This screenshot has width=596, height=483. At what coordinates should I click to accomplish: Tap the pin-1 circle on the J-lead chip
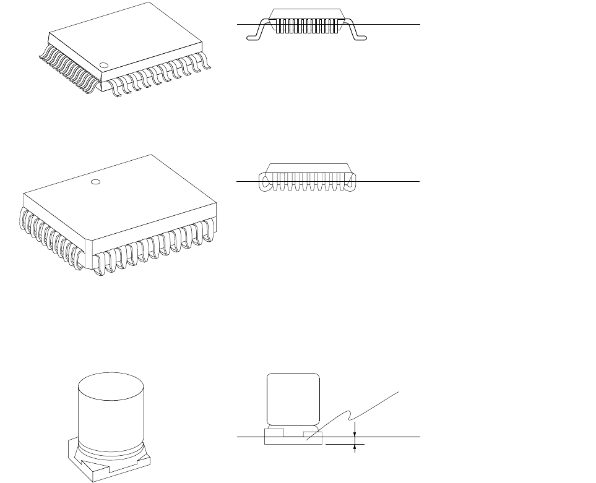pos(95,182)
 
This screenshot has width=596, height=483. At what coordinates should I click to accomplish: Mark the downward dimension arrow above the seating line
pos(354,428)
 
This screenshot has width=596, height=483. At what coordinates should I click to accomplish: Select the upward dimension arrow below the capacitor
pos(354,446)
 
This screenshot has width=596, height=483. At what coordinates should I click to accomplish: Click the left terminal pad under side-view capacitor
pos(274,431)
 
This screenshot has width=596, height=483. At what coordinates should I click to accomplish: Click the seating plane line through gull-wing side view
pos(396,24)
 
